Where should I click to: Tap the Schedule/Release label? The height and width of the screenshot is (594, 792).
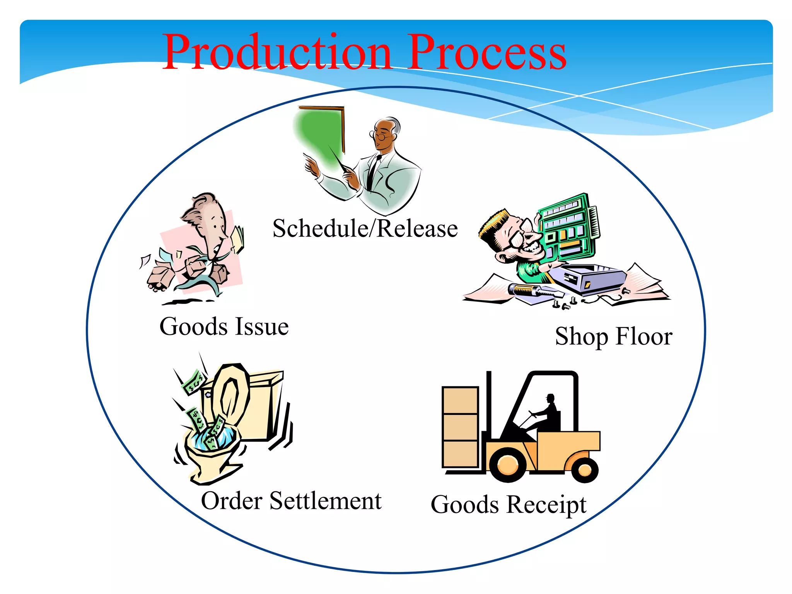365,228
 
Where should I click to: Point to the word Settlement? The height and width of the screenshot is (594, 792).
325,501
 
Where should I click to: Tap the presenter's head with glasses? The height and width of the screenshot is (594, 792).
385,133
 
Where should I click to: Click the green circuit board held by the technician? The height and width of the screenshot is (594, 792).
568,228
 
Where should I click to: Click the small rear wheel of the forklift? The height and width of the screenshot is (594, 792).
584,470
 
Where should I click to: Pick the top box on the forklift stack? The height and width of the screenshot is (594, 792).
460,400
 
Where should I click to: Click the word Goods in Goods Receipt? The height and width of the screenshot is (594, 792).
464,505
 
